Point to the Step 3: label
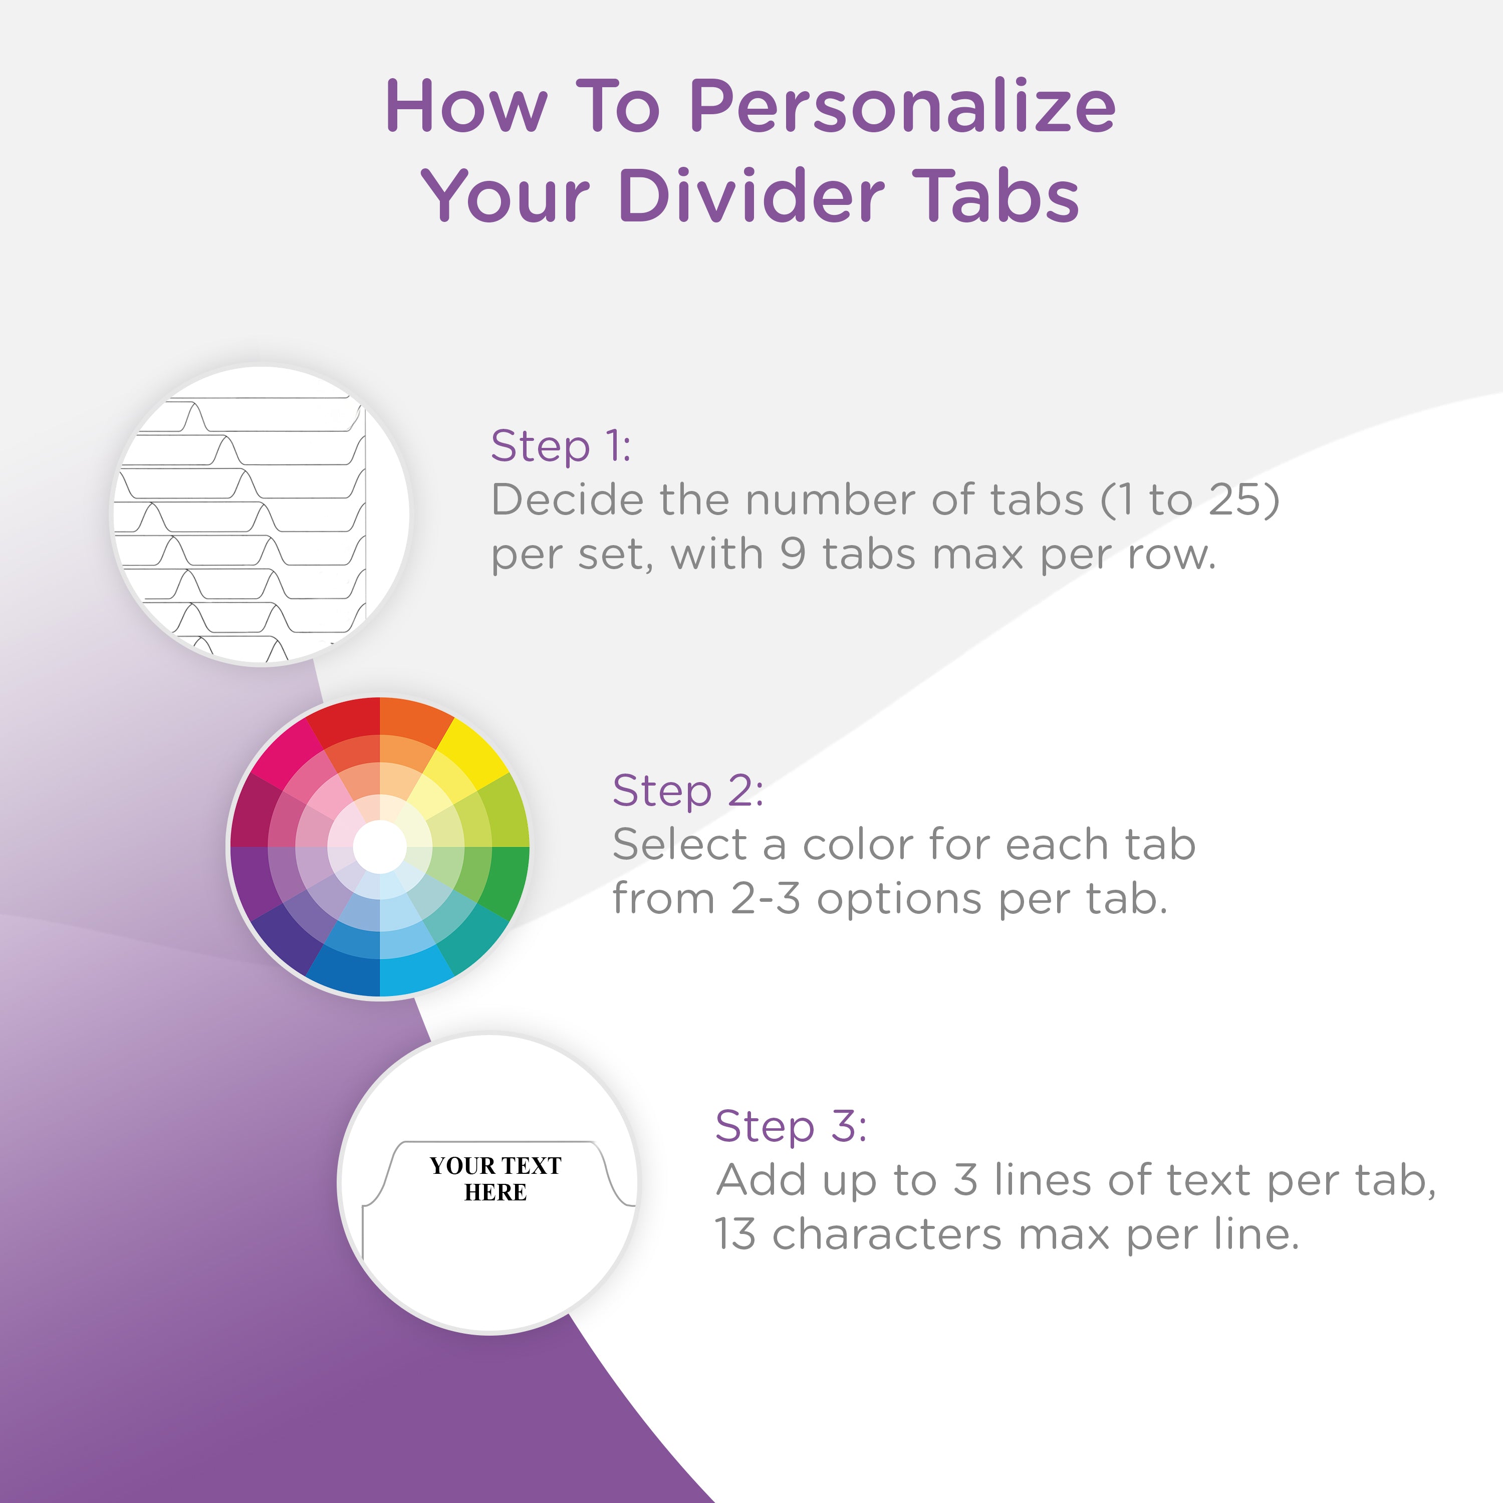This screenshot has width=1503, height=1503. click(791, 1127)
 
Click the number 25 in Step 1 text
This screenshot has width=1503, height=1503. click(1236, 499)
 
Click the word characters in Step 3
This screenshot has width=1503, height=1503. click(887, 1234)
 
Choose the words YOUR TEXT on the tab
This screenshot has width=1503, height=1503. click(495, 1165)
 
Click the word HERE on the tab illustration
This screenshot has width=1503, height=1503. click(495, 1192)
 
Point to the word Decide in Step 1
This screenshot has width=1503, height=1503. click(568, 499)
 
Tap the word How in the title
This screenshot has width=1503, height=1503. click(467, 107)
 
